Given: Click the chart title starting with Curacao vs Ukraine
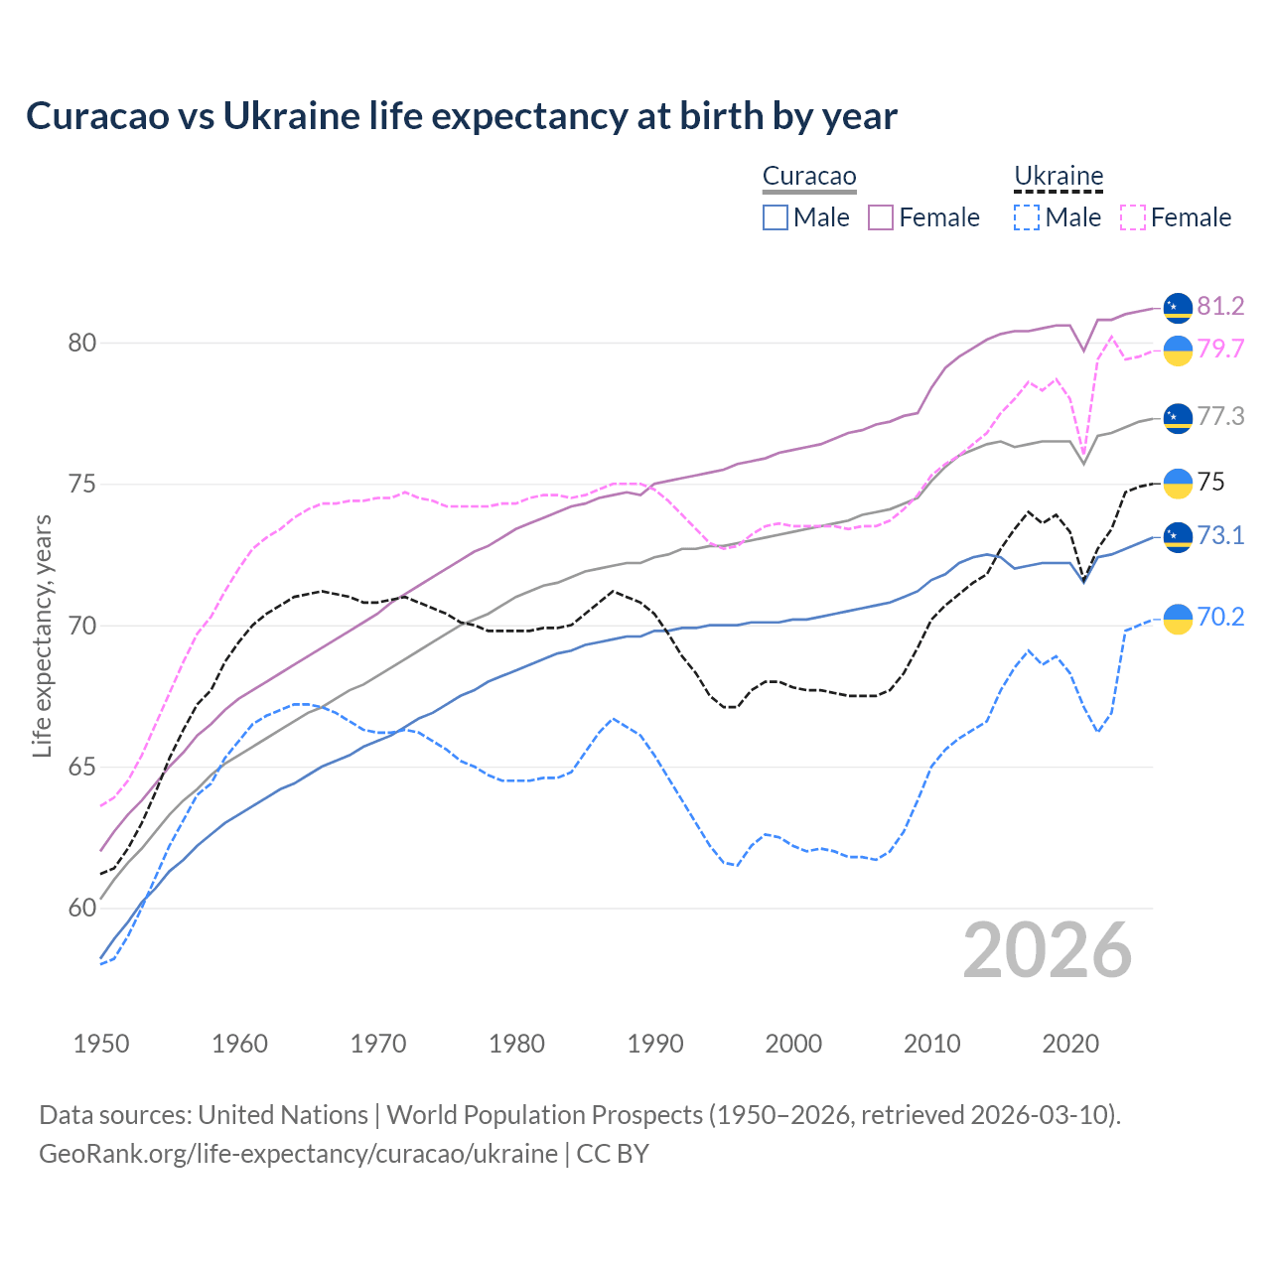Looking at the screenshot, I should coord(462,116).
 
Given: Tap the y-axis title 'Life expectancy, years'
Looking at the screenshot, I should coord(42,635).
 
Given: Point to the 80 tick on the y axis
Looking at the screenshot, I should coord(82,344).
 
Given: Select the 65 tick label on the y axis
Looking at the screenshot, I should coord(82,768).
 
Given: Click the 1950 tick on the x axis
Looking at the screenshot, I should coord(101,1044).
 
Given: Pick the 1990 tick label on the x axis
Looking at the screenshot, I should coord(655,1044).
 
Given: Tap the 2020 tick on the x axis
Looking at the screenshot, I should coord(1070,1044).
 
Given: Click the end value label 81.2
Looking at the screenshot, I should coord(1220,306).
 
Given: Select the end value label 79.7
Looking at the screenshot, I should coord(1220,349).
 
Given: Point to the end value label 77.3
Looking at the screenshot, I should coord(1220,416).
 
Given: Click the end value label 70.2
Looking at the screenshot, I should coord(1220,618).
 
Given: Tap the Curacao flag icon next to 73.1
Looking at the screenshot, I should coord(1178,537).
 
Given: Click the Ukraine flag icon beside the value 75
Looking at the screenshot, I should coord(1178,483).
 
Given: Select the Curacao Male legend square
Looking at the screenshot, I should coord(776,217).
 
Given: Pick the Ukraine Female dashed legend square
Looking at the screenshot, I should coord(1133,217).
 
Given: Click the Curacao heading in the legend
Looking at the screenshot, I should coord(809,177).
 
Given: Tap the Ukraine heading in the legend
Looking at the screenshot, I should coord(1059,177).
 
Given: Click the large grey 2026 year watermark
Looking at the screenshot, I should coord(1048,950).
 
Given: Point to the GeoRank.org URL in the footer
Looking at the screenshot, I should coord(298,1154).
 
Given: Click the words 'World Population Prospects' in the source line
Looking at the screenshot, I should coord(544,1115).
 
